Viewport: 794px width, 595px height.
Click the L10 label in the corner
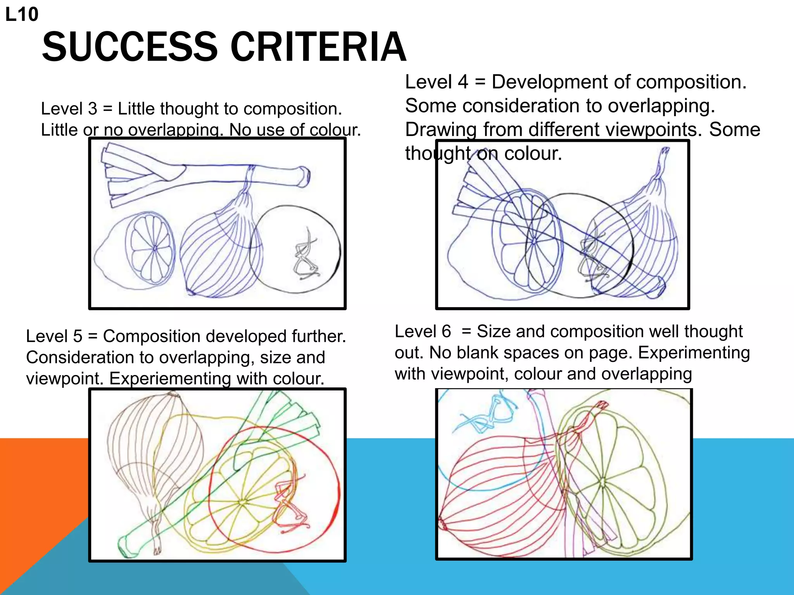click(x=22, y=15)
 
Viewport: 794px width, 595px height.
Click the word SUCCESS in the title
click(x=130, y=47)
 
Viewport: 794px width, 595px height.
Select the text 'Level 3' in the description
click(x=69, y=109)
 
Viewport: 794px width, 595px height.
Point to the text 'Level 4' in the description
click(x=437, y=82)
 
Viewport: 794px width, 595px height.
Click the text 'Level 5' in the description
click(x=54, y=336)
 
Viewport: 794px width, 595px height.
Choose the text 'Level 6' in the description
click(x=423, y=332)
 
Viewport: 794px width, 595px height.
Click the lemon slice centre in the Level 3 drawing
click(x=155, y=248)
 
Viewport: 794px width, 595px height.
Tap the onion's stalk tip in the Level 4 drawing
click(x=665, y=151)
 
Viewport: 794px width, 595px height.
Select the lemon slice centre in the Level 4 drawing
click(x=534, y=241)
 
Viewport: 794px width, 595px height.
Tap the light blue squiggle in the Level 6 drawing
click(x=488, y=416)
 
